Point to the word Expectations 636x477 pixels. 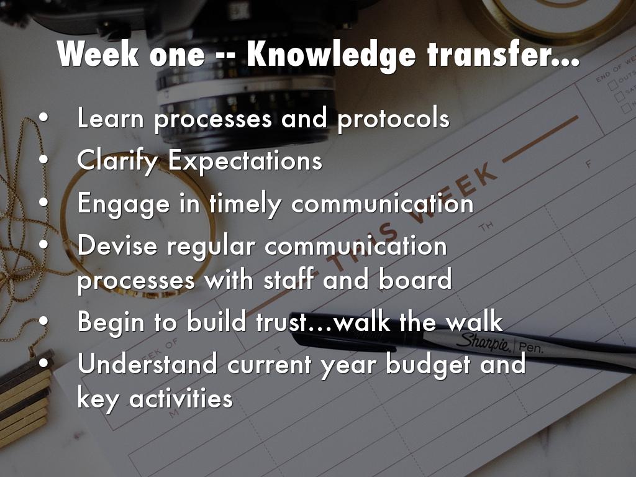[x=245, y=161]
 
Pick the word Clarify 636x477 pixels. [x=117, y=161]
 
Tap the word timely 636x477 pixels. [x=245, y=204]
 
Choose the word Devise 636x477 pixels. [x=117, y=245]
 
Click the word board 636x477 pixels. [x=415, y=279]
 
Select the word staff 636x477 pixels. [x=288, y=279]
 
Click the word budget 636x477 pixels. [x=426, y=365]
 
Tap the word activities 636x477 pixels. [x=181, y=398]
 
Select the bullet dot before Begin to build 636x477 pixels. [x=44, y=321]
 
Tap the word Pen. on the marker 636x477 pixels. [x=530, y=347]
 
